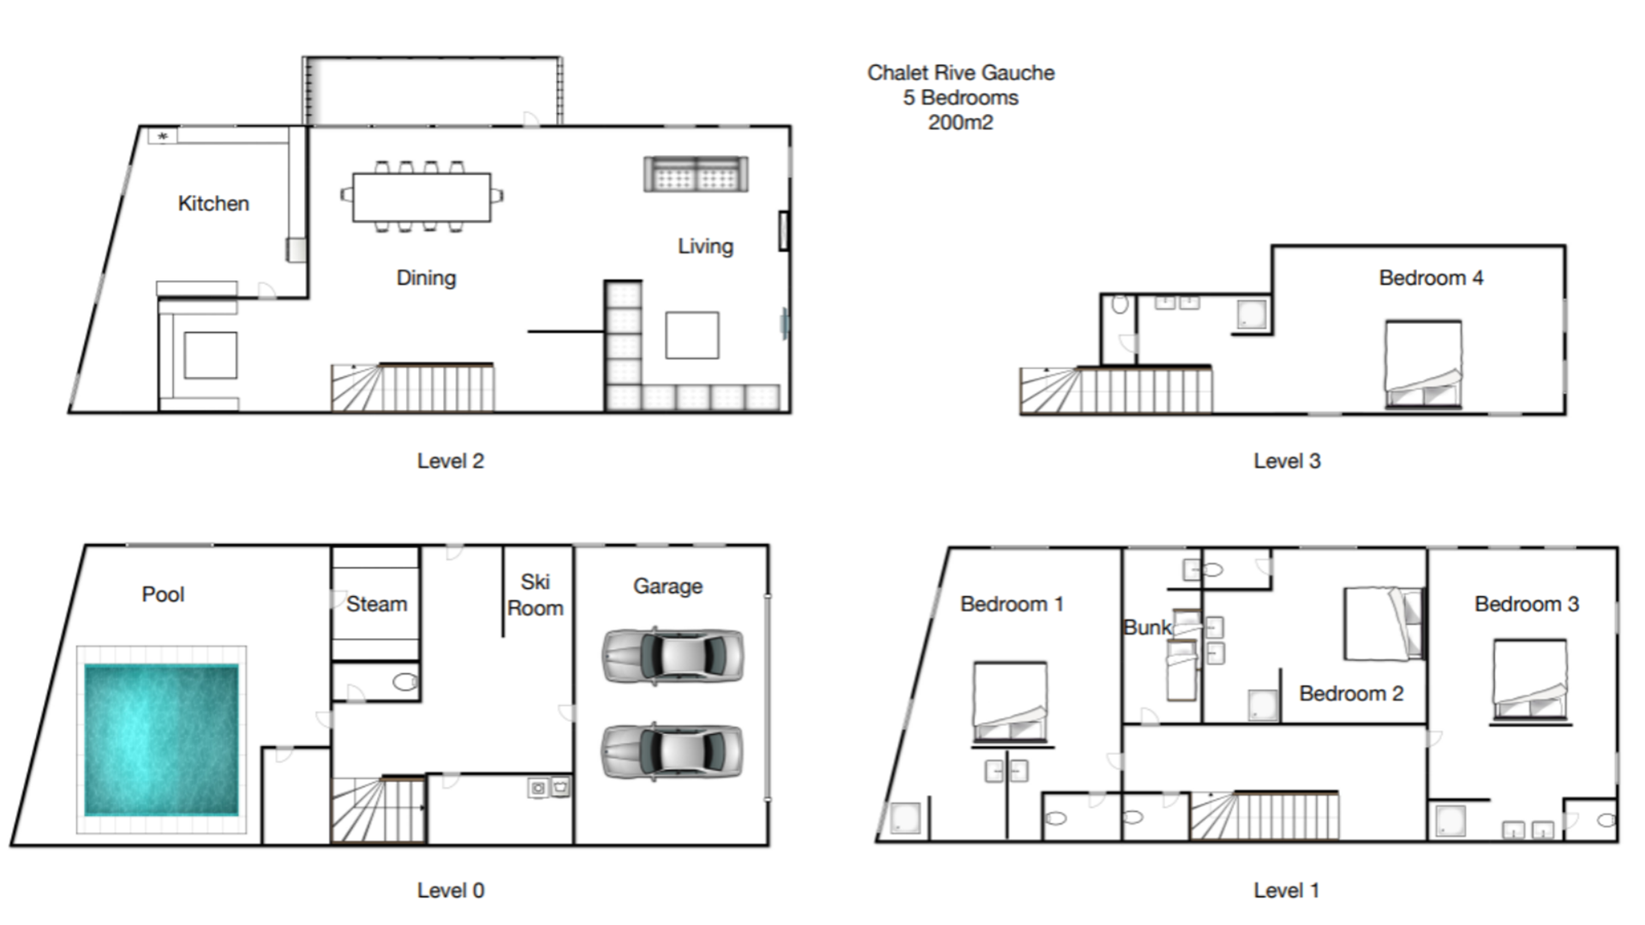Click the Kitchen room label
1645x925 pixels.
click(x=213, y=204)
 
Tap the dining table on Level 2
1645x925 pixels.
click(x=422, y=197)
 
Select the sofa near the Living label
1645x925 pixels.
click(x=696, y=174)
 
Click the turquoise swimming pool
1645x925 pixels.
click(x=161, y=740)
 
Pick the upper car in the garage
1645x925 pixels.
click(x=673, y=656)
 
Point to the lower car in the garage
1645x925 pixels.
click(x=673, y=752)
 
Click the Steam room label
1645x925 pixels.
click(x=377, y=604)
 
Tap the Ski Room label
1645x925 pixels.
click(x=535, y=595)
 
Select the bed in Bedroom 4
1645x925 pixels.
click(x=1424, y=364)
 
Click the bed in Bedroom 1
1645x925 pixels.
click(x=1010, y=701)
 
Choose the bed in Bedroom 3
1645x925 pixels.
click(x=1530, y=679)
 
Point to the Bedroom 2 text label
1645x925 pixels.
click(x=1351, y=694)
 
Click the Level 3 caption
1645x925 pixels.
click(x=1287, y=461)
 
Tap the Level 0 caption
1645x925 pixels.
click(x=451, y=891)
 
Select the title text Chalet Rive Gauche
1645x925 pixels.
click(x=960, y=73)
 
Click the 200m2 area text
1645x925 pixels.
click(x=960, y=122)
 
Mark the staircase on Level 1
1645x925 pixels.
click(x=1265, y=815)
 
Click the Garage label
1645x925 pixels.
click(x=668, y=587)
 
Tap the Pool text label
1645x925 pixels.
click(x=163, y=594)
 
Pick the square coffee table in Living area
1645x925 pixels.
click(x=692, y=335)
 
